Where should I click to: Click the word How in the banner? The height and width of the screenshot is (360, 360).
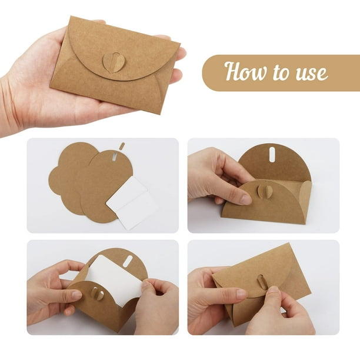click(x=245, y=71)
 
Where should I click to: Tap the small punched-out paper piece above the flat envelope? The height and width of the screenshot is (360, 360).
click(x=122, y=146)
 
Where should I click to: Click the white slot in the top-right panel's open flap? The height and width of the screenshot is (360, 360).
click(x=272, y=156)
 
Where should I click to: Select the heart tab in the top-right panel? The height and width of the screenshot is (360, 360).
click(x=265, y=190)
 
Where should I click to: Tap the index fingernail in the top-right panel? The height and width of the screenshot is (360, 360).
click(x=246, y=199)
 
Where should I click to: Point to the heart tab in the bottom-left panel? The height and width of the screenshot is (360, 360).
click(x=97, y=294)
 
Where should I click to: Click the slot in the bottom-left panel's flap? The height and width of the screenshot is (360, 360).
click(x=128, y=261)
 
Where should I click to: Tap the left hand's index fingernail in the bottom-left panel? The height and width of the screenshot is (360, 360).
click(x=76, y=295)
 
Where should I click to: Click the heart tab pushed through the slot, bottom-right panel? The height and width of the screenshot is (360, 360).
click(x=262, y=282)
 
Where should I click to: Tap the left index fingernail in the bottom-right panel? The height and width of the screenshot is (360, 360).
click(x=242, y=293)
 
